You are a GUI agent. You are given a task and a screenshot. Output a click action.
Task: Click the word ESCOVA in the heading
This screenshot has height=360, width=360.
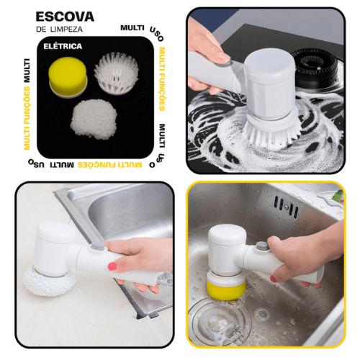click(x=65, y=17)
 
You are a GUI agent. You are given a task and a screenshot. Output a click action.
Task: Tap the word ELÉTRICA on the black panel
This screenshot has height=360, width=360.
click(x=63, y=46)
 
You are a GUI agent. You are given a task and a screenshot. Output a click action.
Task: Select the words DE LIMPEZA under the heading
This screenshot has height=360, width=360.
click(x=59, y=30)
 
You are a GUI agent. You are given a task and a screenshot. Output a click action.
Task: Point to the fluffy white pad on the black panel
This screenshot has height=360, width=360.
click(x=94, y=119)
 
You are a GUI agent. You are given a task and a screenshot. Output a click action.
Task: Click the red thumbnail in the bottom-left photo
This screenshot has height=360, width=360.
click(x=112, y=266)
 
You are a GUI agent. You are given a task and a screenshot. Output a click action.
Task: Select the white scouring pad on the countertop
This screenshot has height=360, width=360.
click(x=49, y=280)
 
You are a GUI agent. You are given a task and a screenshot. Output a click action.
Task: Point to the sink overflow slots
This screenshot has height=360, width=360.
click(x=287, y=207)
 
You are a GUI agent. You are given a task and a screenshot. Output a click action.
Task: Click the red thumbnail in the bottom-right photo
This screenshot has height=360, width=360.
click(x=273, y=279)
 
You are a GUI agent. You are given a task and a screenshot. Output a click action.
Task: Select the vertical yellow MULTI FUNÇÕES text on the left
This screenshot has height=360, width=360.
click(x=27, y=118)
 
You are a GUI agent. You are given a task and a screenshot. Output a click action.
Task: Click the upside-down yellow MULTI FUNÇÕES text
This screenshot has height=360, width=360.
click(x=109, y=165)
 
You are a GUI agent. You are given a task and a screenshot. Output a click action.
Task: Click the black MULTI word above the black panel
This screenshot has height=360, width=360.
click(x=132, y=27)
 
